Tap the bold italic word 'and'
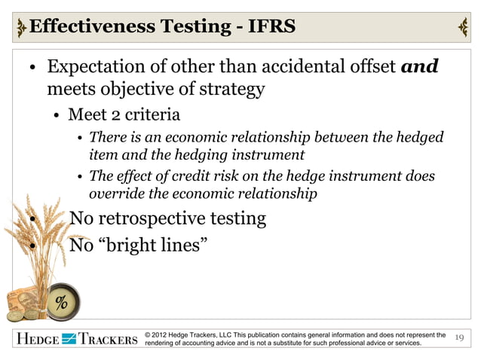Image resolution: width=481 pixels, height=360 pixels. (x=420, y=67)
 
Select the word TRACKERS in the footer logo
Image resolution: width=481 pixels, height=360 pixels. (x=107, y=340)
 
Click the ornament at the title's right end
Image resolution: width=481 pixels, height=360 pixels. (x=462, y=27)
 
